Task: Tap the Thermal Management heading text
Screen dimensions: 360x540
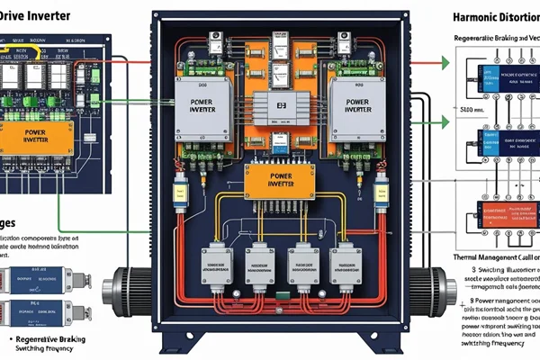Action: [493, 257]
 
